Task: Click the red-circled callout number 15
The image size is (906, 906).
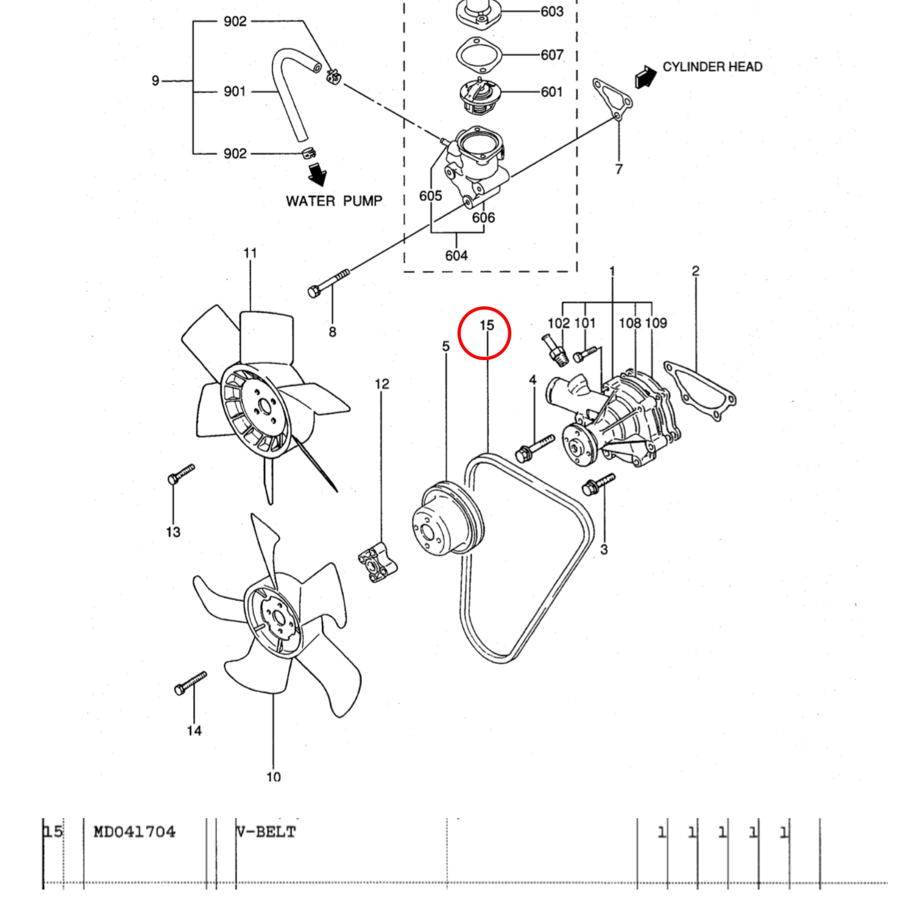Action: pos(486,326)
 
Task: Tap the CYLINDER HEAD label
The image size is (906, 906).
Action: pos(712,67)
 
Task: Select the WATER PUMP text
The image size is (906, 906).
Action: pos(334,201)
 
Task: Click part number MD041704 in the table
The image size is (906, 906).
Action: pos(134,832)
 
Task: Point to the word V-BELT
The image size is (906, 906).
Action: pos(266,832)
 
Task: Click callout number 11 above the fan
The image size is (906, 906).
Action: pos(250,253)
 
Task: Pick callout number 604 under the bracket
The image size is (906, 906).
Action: pos(456,256)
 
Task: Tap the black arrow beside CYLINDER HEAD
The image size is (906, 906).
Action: pos(645,77)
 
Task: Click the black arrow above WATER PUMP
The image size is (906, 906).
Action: pos(318,174)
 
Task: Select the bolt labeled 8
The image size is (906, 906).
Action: pos(328,283)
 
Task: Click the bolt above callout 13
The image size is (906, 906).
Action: pos(181,473)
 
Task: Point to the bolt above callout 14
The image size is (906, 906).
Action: pos(190,682)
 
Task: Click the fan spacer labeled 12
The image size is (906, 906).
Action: pos(378,562)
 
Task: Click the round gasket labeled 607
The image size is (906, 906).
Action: pos(478,55)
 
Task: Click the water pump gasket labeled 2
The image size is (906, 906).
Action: pos(700,391)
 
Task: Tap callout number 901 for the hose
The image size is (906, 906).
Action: pos(234,92)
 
